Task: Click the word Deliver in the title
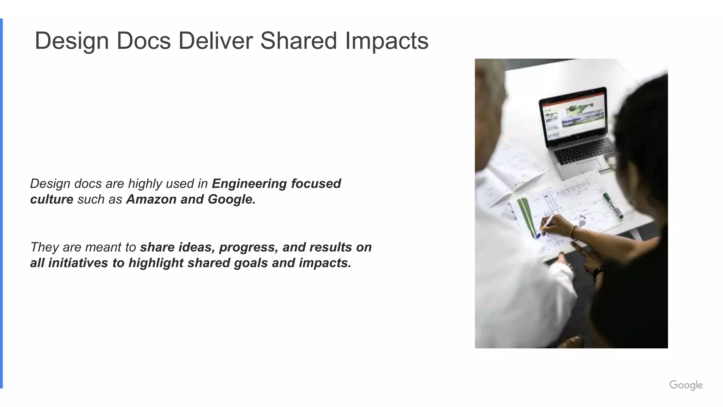point(215,41)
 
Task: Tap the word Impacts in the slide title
point(387,41)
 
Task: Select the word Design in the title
point(72,41)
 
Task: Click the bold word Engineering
point(249,184)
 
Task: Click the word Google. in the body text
point(232,199)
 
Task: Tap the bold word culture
point(52,199)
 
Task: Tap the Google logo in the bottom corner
point(686,385)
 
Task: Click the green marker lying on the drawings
point(613,205)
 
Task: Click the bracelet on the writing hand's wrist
point(574,232)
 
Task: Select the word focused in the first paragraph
point(316,184)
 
